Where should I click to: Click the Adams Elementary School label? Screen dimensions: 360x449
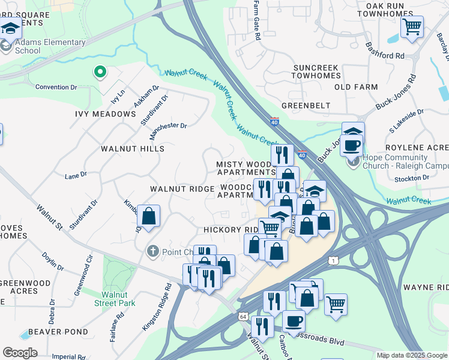point(50,46)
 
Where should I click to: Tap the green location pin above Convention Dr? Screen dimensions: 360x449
point(100,73)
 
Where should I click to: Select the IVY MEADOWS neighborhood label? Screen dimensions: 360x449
point(106,114)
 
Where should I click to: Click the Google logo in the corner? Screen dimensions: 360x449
point(19,353)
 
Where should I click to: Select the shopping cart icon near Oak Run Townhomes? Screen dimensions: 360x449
point(412,26)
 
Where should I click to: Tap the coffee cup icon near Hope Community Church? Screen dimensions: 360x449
point(353,145)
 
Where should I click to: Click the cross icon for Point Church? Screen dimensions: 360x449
point(153,251)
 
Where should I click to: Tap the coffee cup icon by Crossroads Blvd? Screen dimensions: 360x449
point(294,321)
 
